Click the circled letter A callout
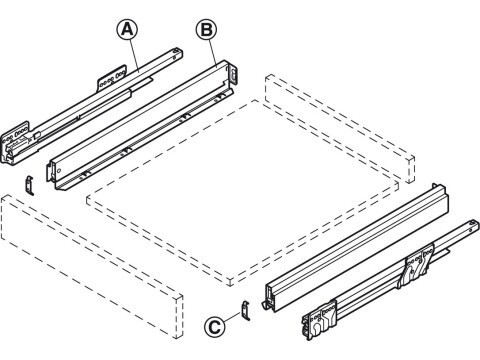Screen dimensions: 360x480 [x=128, y=31]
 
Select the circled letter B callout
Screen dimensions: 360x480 [x=207, y=30]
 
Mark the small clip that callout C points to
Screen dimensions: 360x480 [x=242, y=311]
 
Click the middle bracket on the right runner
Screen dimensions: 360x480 [x=412, y=272]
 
